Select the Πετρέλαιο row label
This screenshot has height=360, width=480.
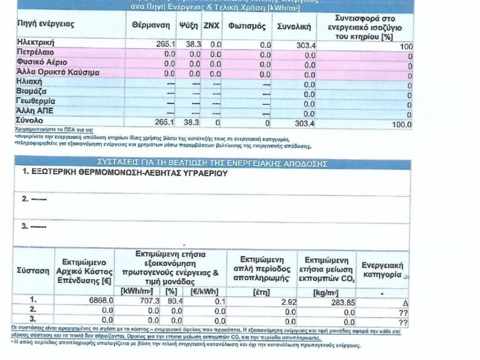[35, 52]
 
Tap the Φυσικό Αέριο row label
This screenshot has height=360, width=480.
[42, 62]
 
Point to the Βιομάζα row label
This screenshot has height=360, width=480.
[31, 91]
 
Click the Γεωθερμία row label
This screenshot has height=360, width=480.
[36, 101]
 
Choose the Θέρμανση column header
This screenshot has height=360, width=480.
[150, 26]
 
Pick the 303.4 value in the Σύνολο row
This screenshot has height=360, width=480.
[305, 124]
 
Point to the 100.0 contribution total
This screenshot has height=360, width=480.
[402, 124]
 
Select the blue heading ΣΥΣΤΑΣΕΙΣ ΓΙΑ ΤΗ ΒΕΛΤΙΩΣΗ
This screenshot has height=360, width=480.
[212, 164]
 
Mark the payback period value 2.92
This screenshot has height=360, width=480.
[289, 302]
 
